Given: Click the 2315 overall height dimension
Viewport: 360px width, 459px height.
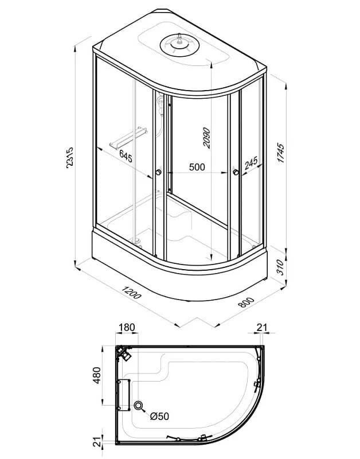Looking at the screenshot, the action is pos(71,157).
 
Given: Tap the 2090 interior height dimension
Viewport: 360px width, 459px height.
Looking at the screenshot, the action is pos(206,138).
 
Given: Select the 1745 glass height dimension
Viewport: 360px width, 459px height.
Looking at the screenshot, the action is pos(280,153).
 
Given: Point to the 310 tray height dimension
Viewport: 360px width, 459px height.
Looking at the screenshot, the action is pos(280,267).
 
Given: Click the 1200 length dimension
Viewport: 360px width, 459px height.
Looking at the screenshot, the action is pos(131,293).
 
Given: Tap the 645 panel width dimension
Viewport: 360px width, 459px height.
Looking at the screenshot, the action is pos(126,156).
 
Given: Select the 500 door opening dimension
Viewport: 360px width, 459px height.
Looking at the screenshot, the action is pos(197,167).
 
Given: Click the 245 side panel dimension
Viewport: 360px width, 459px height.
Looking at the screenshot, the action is pos(251,163).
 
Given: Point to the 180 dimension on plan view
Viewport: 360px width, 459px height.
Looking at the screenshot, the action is pos(127,327).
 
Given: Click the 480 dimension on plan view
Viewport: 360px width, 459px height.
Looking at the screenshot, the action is pos(97,375).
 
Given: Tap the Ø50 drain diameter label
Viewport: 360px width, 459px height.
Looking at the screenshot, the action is pos(160,416).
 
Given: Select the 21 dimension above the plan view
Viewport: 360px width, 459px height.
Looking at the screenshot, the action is pos(262,327).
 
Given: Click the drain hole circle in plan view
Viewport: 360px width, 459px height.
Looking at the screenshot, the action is pos(138,406).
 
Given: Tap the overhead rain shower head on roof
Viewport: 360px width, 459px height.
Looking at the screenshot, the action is pos(179,45).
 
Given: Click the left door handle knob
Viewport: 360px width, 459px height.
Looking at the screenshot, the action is pos(159,172).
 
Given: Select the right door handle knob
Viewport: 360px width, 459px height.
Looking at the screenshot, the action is pos(236,172).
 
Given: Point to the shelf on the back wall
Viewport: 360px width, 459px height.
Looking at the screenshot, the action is pos(128,137).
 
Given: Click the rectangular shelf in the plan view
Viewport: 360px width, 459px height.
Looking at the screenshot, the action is pos(124,395).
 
